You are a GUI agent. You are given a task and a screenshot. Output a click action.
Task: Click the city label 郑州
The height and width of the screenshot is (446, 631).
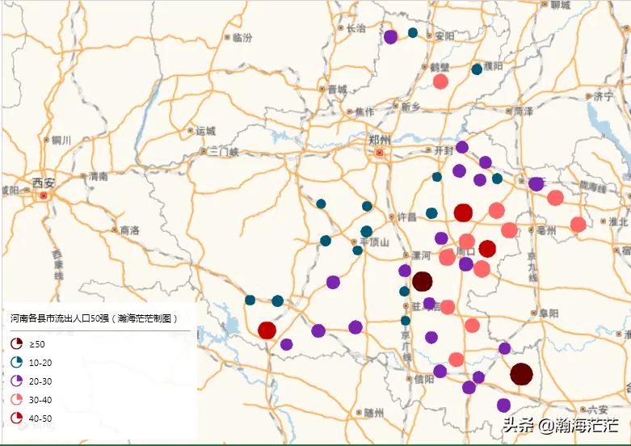coord(379,138)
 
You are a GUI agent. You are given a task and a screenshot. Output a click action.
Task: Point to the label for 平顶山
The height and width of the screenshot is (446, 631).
coord(374,242)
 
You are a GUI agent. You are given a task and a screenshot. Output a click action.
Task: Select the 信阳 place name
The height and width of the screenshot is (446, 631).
coord(423,379)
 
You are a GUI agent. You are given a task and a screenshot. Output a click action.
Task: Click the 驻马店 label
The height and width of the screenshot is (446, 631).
coord(421,306)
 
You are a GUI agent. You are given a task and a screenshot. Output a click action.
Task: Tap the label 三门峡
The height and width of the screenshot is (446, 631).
coord(224,151)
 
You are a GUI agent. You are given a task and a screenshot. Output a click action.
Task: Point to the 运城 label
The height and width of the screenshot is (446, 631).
coord(205,130)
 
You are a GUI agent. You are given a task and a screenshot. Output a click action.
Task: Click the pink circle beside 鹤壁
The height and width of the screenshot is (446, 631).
coord(440,82)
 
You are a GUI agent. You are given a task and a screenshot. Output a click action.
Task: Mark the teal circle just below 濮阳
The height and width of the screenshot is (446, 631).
coord(477,69)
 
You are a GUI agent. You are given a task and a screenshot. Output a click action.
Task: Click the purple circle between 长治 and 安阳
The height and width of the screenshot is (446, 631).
coord(390,36)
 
